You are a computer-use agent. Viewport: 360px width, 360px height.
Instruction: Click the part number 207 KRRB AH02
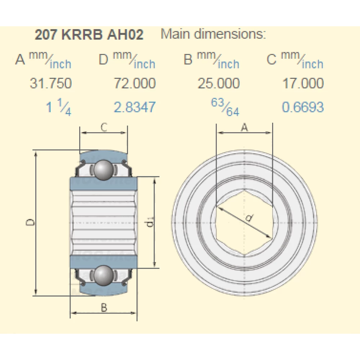coord(89,35)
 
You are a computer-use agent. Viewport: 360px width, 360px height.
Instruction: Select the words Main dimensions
coord(213,34)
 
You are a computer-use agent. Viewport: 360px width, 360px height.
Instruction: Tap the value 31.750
coord(50,84)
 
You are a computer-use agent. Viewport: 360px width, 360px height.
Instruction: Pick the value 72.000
coord(135,84)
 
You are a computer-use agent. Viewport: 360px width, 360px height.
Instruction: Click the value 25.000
coord(219,84)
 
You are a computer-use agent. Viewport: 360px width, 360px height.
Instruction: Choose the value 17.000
coord(303,84)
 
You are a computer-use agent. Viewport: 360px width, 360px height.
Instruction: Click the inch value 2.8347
coord(135,107)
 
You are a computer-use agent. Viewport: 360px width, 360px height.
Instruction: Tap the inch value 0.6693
coord(303,107)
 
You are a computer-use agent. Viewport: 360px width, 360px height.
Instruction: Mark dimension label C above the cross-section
coord(104,127)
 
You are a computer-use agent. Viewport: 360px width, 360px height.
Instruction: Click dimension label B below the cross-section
coord(104,308)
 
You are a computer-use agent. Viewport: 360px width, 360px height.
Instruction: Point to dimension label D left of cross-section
coord(31,223)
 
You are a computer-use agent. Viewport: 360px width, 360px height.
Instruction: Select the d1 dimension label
coord(150,224)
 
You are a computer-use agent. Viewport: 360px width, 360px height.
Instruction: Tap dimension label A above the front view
coord(244,127)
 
